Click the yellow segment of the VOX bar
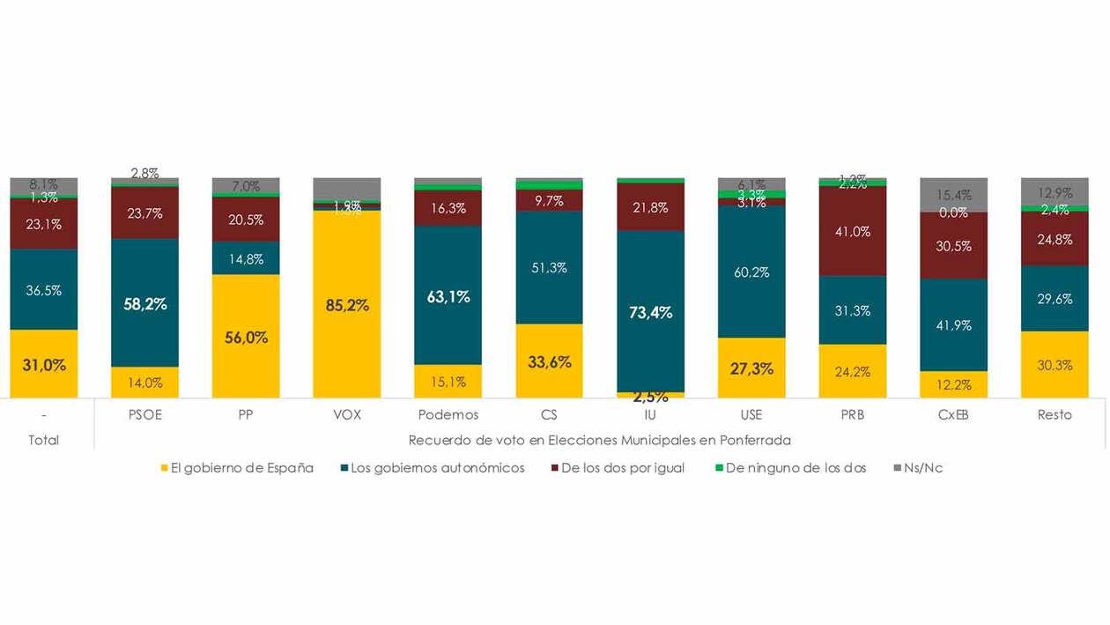tap(347, 304)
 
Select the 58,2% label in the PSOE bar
tap(145, 304)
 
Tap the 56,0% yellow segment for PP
tap(246, 337)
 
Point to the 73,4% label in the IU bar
tap(650, 312)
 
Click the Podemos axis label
tap(448, 414)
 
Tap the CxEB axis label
tap(953, 414)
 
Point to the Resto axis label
tap(1054, 414)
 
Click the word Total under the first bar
tap(43, 439)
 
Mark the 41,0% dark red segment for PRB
tap(853, 232)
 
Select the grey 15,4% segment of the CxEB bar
tap(953, 195)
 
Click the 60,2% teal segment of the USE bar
tap(751, 272)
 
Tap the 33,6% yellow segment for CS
tap(550, 361)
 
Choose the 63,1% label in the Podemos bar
tap(448, 297)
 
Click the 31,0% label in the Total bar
tap(44, 364)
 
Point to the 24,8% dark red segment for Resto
tap(1054, 239)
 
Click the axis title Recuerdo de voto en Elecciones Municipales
tap(599, 439)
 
